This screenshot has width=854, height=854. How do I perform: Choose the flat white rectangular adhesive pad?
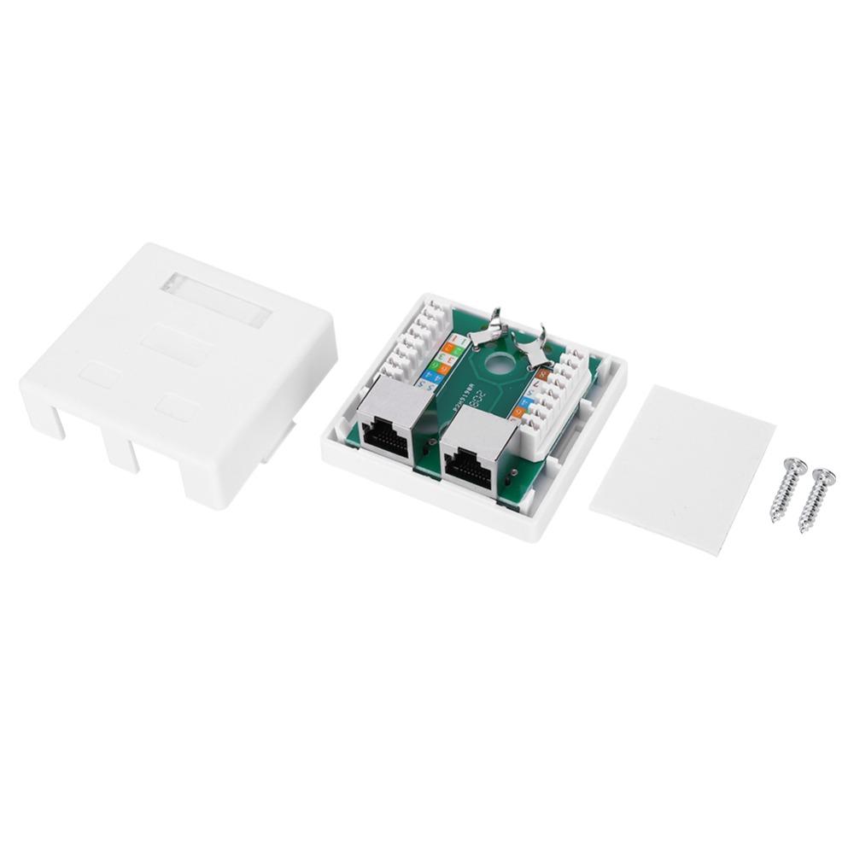[681, 468]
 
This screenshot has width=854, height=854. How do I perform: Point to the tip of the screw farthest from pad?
[804, 529]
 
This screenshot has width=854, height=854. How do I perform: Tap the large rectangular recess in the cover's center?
[176, 345]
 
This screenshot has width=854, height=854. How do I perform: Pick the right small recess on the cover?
[177, 407]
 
